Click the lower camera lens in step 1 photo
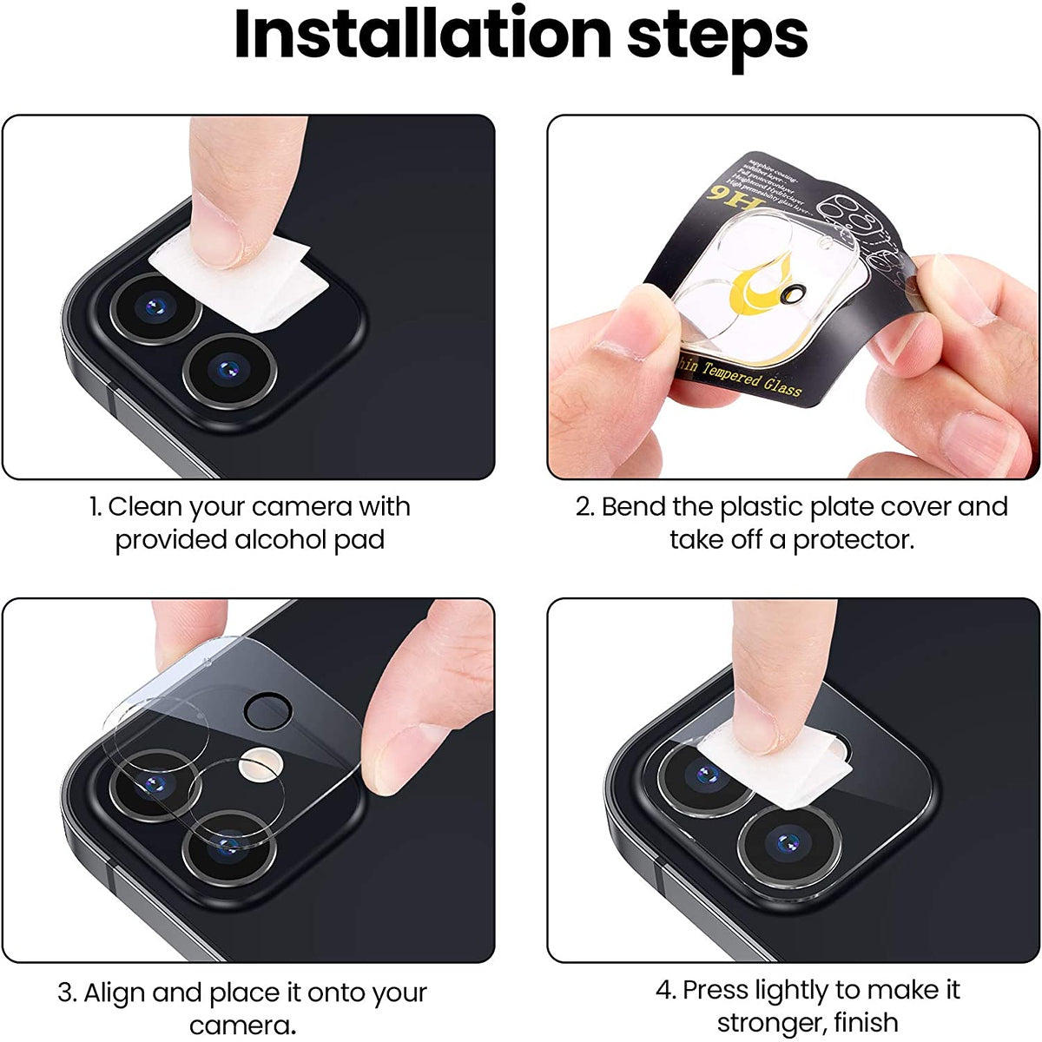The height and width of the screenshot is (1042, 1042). [228, 369]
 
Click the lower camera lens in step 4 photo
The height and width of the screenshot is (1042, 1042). [789, 842]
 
